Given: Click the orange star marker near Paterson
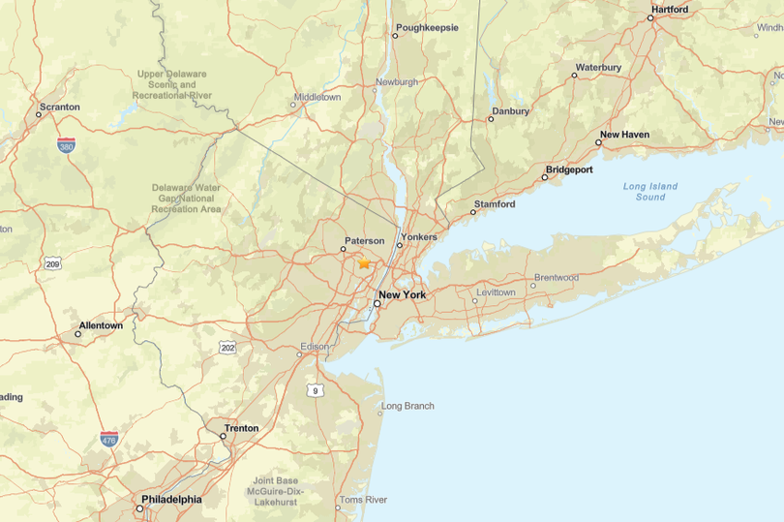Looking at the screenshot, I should click(364, 262).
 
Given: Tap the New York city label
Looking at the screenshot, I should click(402, 294).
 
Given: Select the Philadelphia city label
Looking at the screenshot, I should click(171, 500).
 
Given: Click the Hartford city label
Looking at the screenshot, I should click(670, 10).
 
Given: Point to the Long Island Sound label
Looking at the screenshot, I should click(649, 192).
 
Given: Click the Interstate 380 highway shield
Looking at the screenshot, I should click(66, 145).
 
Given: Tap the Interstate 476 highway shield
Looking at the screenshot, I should click(108, 440).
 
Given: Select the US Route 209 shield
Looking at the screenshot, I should click(52, 263).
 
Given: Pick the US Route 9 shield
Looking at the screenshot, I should click(315, 390).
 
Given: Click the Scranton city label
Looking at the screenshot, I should click(59, 107).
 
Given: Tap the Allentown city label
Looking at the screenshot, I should click(101, 325).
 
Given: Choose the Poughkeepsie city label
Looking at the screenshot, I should click(427, 28).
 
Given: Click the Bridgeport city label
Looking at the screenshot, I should click(569, 169).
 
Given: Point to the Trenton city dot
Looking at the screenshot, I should click(223, 436).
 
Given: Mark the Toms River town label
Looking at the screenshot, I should click(363, 500).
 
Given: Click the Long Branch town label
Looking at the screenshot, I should click(407, 406).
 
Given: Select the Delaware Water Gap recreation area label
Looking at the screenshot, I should click(186, 199).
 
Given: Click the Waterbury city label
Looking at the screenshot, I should click(598, 68).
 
